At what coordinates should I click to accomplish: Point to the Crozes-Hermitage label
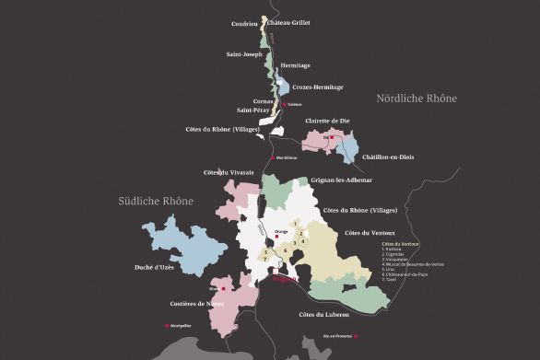point(318,87)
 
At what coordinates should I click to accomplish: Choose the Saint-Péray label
point(255,110)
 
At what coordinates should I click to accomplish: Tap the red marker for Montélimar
point(268,157)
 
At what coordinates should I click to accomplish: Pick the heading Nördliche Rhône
point(417,98)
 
